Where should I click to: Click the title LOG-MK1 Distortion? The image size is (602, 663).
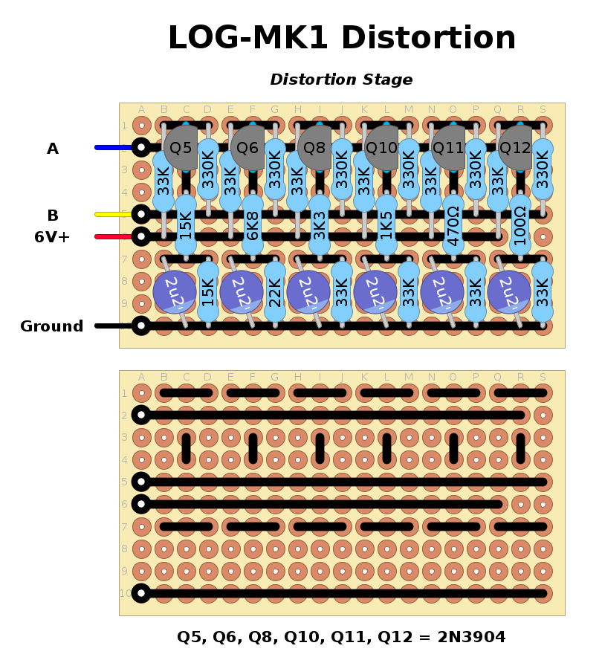(341, 39)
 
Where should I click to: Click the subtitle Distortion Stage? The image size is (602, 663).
(341, 80)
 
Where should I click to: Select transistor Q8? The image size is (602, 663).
(316, 147)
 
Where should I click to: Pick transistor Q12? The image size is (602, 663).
(516, 147)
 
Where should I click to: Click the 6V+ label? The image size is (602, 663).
(52, 237)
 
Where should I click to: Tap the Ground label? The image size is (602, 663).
(52, 326)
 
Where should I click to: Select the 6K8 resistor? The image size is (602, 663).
(253, 225)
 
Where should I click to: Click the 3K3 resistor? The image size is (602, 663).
(320, 225)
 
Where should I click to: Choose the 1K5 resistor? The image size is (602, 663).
(386, 225)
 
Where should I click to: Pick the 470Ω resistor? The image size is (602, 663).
(453, 225)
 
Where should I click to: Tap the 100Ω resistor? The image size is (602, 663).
(520, 225)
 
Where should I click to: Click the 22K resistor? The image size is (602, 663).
(275, 292)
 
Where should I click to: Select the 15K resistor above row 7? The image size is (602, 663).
(186, 225)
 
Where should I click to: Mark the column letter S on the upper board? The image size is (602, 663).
(543, 110)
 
